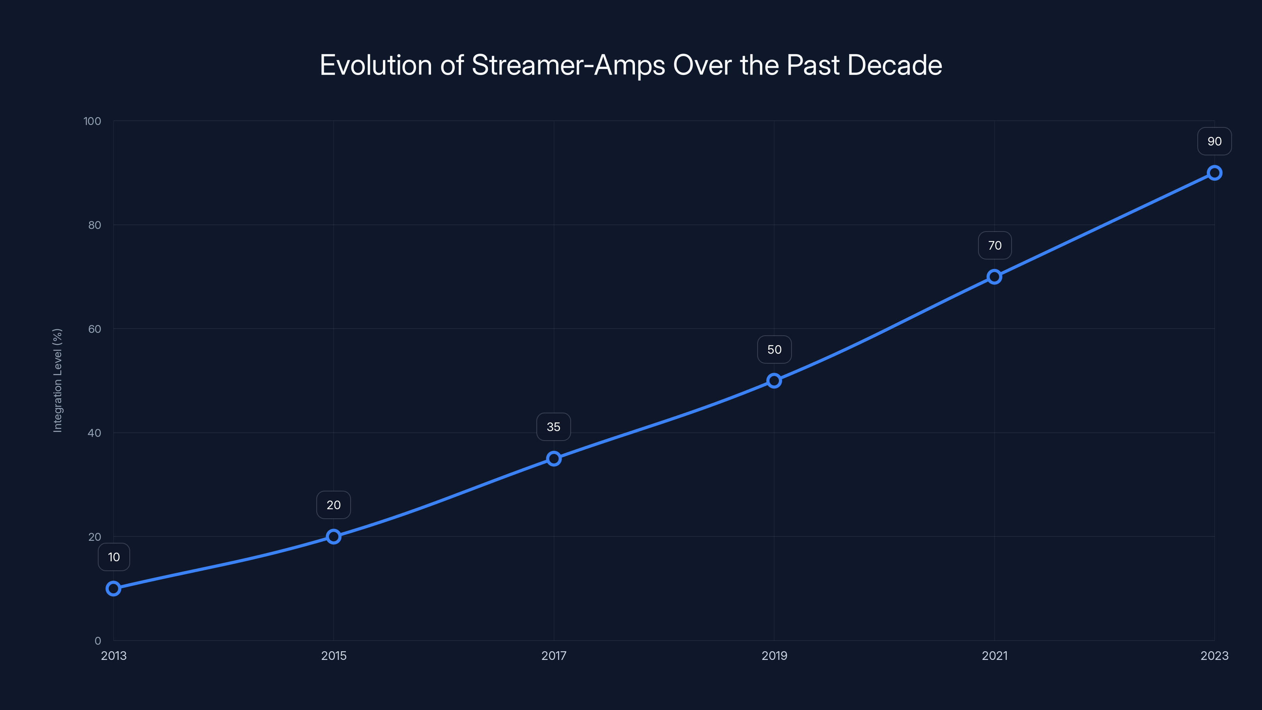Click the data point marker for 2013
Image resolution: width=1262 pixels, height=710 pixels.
pyautogui.click(x=113, y=588)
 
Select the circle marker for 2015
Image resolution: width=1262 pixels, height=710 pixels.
pyautogui.click(x=334, y=536)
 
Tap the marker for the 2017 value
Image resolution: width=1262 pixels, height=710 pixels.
pyautogui.click(x=554, y=459)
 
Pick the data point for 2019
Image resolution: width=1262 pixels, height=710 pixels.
pyautogui.click(x=774, y=381)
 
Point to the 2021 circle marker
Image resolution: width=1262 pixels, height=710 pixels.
pyautogui.click(x=994, y=277)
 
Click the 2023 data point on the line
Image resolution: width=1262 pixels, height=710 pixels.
pyautogui.click(x=1215, y=173)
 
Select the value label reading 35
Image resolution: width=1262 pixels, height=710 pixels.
pyautogui.click(x=554, y=427)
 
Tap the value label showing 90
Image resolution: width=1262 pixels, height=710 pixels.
pyautogui.click(x=1215, y=142)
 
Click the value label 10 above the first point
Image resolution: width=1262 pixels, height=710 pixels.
pyautogui.click(x=114, y=557)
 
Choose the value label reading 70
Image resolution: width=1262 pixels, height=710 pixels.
pyautogui.click(x=995, y=245)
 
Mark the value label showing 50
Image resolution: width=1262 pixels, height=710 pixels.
pyautogui.click(x=774, y=349)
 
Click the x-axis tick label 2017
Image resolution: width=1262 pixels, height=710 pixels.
pyautogui.click(x=554, y=656)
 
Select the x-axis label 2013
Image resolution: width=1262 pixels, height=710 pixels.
pyautogui.click(x=114, y=656)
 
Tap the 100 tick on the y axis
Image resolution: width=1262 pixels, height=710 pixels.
pyautogui.click(x=92, y=121)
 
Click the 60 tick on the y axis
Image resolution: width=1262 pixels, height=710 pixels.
pyautogui.click(x=95, y=329)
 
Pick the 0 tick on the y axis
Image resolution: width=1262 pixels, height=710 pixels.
pyautogui.click(x=97, y=641)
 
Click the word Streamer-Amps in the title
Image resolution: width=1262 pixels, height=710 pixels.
pyautogui.click(x=568, y=65)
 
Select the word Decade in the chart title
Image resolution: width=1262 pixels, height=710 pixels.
pyautogui.click(x=894, y=65)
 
